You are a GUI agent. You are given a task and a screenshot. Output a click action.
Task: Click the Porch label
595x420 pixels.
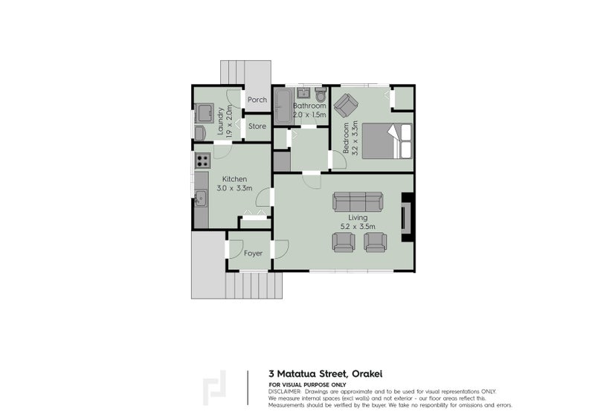click(257, 100)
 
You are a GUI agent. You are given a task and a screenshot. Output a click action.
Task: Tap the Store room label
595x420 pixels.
click(257, 126)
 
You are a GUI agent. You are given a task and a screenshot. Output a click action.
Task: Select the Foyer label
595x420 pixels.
click(253, 253)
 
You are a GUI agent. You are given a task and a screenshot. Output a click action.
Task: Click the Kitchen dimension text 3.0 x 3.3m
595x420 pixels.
click(234, 189)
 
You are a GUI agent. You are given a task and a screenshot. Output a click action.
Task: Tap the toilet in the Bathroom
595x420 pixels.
click(321, 95)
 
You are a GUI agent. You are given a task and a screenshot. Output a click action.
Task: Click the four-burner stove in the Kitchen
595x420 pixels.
click(201, 161)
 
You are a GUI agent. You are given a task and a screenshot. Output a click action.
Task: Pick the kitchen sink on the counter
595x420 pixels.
click(200, 198)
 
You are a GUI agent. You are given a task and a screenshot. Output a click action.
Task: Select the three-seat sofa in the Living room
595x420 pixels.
click(358, 201)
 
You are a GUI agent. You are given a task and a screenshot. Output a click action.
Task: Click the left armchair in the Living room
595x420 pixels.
click(343, 242)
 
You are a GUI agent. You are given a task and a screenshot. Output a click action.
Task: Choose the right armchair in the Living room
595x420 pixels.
click(376, 242)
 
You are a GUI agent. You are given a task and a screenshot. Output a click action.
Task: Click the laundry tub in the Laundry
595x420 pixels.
click(203, 112)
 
